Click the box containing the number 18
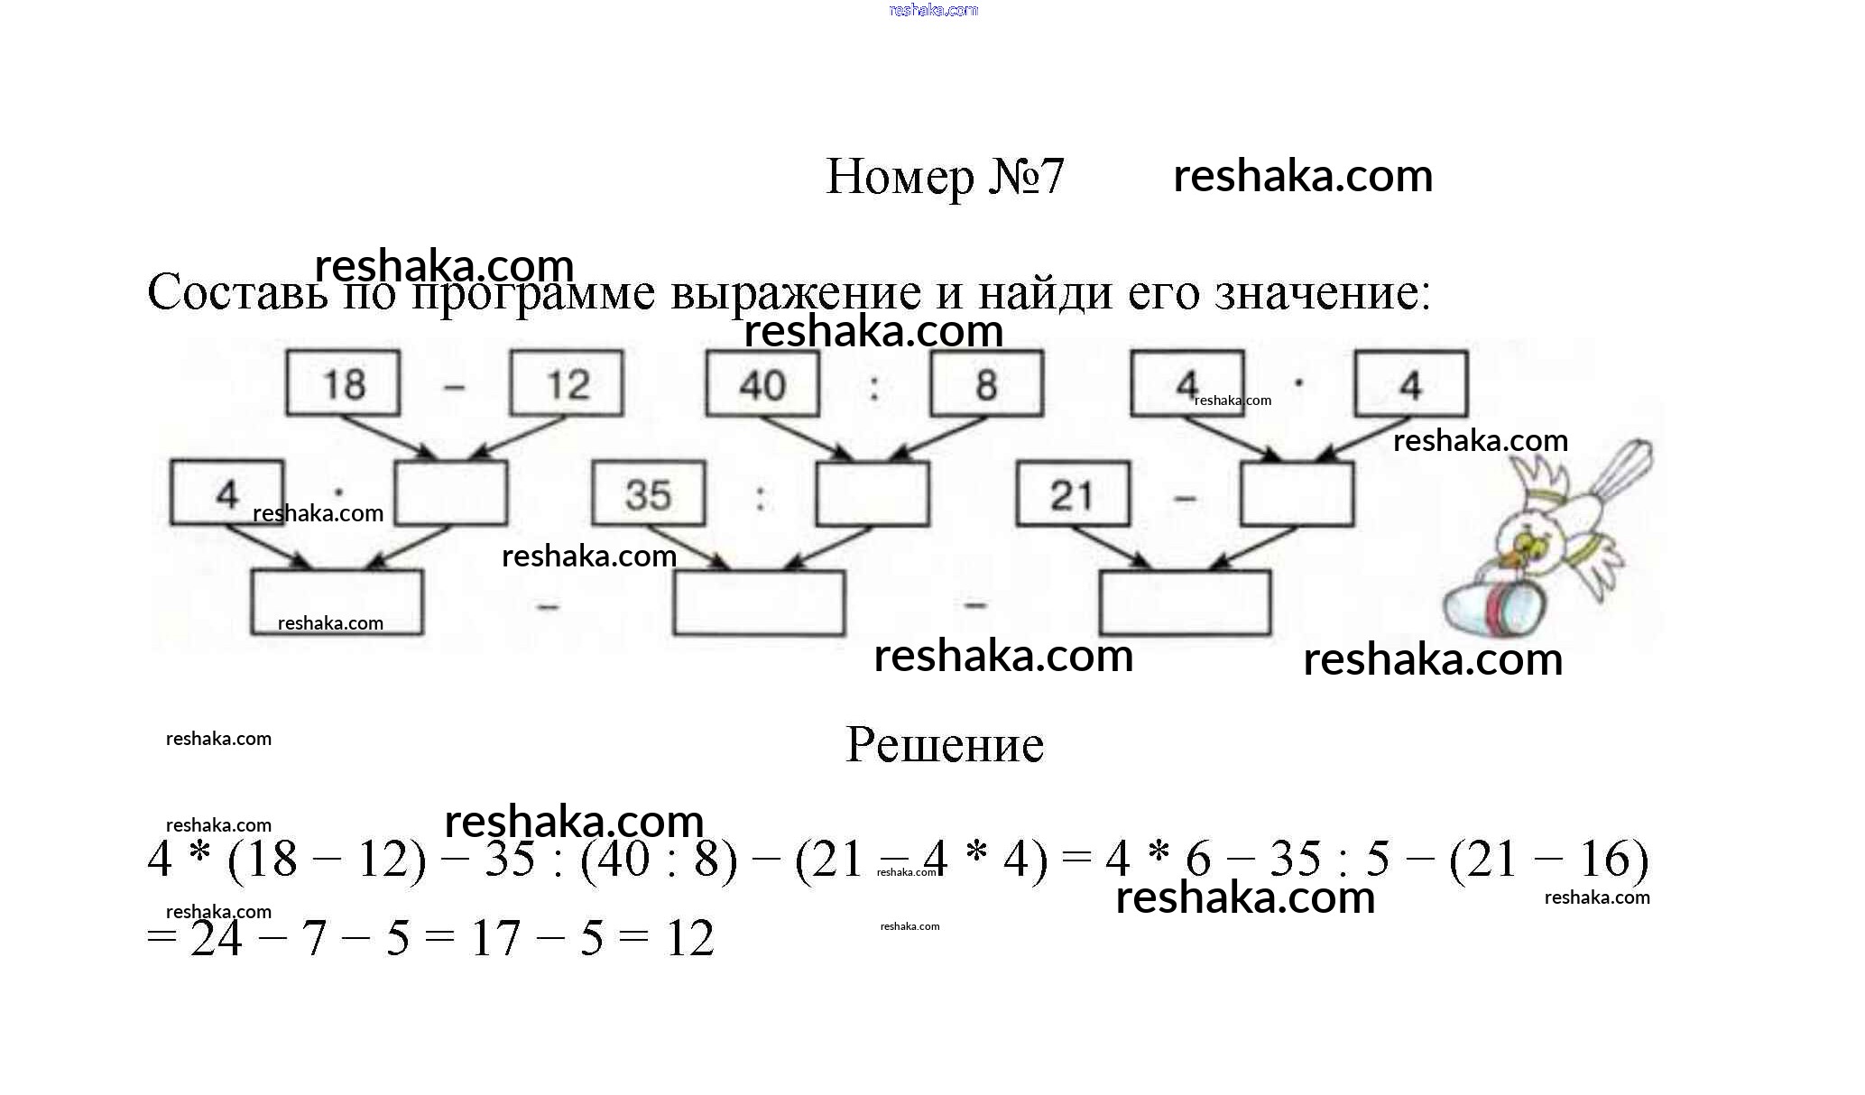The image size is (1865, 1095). pos(343,384)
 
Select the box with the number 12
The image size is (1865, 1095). pos(567,384)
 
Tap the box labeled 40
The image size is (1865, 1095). pos(762,384)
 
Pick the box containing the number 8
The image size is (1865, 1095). pos(987,384)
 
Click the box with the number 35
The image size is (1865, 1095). pos(648,494)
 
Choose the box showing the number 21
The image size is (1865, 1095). pos(1072,494)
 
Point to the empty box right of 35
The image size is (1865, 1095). pos(872,494)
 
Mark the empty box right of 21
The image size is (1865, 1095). pos(1297,494)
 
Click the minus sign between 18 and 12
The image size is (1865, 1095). pos(455,388)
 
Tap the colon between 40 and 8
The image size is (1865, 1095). pos(873,388)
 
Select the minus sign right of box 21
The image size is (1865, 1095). pos(1186,497)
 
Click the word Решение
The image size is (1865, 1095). pos(945,745)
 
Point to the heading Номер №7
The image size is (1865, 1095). pos(945,176)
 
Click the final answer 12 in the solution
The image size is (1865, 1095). pos(690,938)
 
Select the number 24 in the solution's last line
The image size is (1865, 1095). pos(217,938)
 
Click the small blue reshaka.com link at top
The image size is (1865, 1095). pos(933,10)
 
